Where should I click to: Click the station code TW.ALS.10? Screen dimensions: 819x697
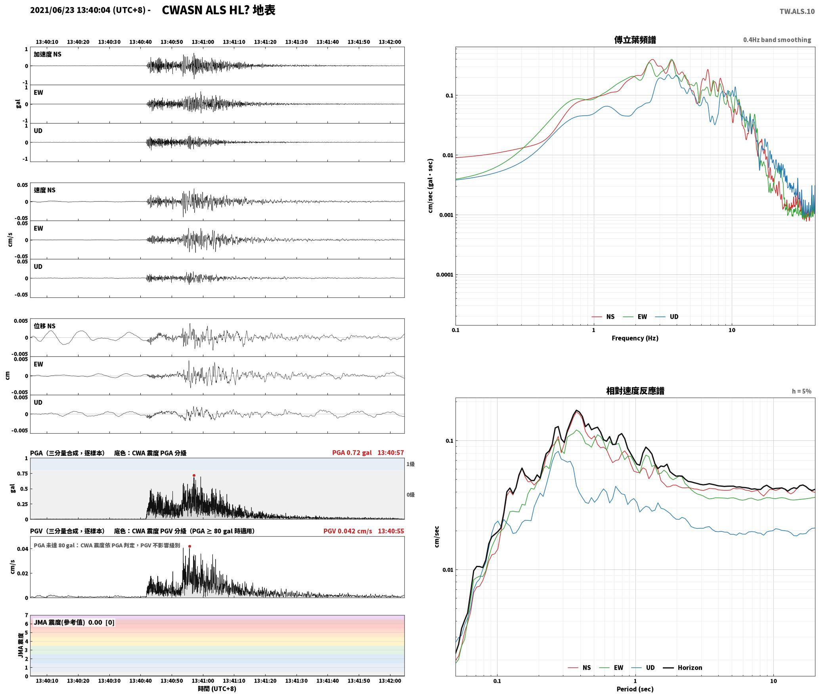(x=797, y=11)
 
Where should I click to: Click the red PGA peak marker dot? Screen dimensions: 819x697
(x=194, y=475)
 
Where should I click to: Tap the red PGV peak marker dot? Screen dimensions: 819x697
(x=189, y=546)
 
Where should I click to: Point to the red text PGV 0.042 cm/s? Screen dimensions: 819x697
(x=348, y=531)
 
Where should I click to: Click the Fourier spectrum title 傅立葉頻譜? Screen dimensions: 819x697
(x=635, y=40)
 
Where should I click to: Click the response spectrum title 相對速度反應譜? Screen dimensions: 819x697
(x=635, y=390)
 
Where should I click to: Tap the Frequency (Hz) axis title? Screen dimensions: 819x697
(x=635, y=338)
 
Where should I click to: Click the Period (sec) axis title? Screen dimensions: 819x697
(x=635, y=689)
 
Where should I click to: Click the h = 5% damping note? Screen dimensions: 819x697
(x=802, y=391)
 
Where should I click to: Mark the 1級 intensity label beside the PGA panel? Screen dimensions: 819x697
(x=410, y=464)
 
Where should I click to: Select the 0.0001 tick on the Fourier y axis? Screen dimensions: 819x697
(x=444, y=275)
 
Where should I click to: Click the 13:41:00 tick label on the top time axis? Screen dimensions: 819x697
(x=203, y=42)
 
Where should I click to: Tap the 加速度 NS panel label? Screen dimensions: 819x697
(x=48, y=54)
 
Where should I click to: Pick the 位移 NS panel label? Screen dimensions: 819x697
(x=45, y=326)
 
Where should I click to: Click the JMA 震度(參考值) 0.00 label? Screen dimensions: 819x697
(x=74, y=622)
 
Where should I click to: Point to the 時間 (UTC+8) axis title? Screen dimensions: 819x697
(x=217, y=689)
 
